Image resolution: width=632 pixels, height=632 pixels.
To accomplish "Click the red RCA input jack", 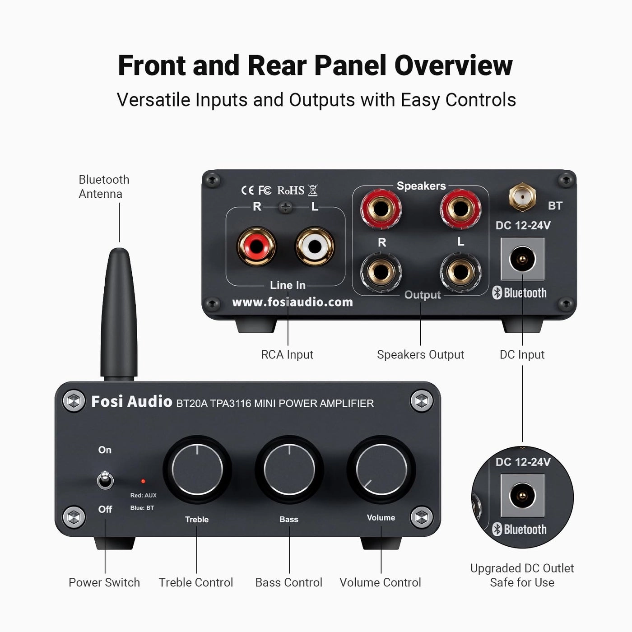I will coord(256,246).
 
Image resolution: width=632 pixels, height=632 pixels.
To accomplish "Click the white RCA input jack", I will coord(315,246).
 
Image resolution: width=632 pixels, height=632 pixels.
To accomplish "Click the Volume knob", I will coord(381,469).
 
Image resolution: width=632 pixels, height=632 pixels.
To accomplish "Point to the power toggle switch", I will coord(105,480).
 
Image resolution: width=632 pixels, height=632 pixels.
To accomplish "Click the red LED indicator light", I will coord(143,482).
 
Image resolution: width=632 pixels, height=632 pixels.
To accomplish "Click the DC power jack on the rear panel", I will coord(522,259).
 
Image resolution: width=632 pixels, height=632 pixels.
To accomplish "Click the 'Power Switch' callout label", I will coord(104,582).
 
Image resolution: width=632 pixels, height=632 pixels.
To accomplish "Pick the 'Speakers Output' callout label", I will coord(420,355).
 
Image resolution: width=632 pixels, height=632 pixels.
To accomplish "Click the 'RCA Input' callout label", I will coord(287,355).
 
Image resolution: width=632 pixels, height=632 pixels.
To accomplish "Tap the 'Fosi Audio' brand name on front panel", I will coord(131,401).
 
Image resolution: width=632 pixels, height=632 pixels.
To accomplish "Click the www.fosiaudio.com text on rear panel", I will coord(292,302).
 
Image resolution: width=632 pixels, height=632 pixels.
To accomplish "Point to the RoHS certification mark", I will coord(291,191).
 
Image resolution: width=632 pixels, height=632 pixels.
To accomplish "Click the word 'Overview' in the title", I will coord(453,65).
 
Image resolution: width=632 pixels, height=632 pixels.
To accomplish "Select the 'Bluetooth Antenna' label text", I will coord(104,186).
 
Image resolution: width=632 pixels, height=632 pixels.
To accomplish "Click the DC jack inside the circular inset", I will coord(522,495).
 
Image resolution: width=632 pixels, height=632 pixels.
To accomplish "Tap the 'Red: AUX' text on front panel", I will coord(143,495).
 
